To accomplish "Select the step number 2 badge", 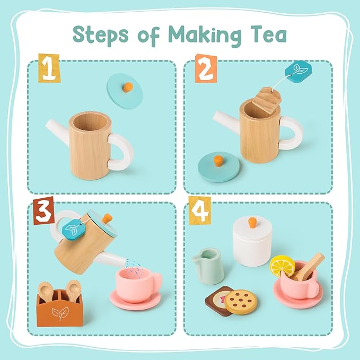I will [x=205, y=68].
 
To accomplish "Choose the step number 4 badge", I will [x=199, y=209].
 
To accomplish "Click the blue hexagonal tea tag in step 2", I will [x=297, y=72].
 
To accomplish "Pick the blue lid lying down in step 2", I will [x=215, y=167].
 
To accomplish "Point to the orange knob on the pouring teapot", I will [x=107, y=218].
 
